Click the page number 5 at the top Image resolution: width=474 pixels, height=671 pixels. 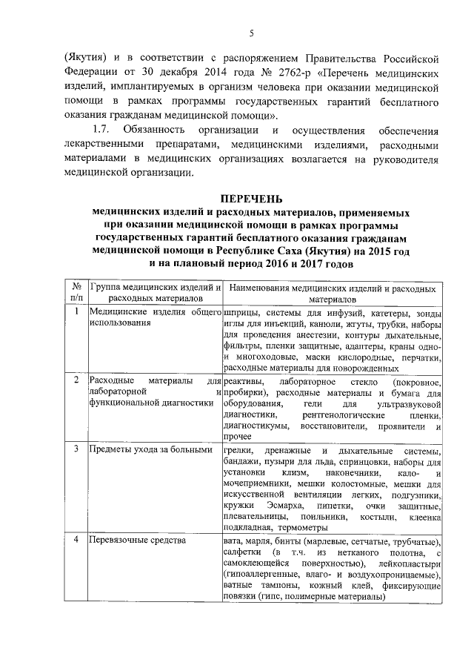[x=250, y=33]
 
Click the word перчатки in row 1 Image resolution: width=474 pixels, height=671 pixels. [x=421, y=356]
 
